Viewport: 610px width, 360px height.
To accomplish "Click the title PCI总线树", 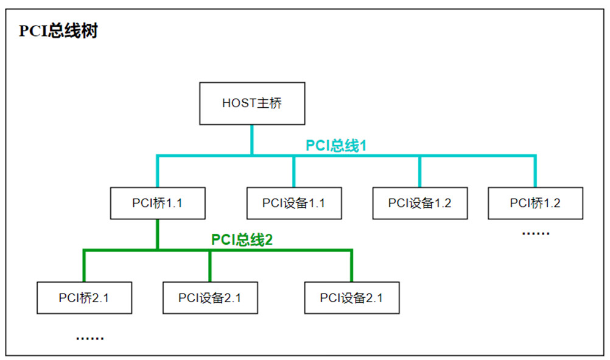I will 58,31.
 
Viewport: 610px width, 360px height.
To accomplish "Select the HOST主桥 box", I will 251,104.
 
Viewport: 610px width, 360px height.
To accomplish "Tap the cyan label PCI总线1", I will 335,146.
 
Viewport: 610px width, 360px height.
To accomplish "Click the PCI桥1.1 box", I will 157,203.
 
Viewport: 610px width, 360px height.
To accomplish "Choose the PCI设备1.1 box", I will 293,203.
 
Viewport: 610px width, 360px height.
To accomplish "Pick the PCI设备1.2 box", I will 419,203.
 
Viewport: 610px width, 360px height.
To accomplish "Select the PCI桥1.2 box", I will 535,203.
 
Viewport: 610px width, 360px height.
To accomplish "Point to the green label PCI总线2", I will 242,239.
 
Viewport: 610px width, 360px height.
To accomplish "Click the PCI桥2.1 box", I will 84,298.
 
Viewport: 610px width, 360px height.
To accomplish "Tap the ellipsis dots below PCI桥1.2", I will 536,233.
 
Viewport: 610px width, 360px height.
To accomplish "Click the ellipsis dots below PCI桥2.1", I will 89,337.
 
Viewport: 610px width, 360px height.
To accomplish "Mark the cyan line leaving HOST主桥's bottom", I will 251,140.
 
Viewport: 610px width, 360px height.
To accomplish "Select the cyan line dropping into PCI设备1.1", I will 293,172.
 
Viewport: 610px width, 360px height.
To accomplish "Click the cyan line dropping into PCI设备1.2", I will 419,172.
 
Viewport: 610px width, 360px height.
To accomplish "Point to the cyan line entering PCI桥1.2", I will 535,172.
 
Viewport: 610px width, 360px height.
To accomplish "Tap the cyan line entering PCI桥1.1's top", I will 157,172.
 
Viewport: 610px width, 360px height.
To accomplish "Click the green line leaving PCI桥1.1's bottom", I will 157,234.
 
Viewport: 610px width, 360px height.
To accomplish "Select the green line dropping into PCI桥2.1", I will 84,266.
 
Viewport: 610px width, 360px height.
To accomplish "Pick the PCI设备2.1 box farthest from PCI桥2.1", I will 352,298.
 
